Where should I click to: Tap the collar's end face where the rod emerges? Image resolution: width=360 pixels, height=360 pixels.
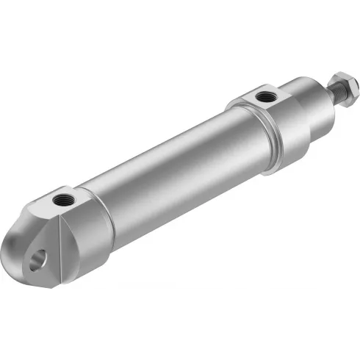tap(323, 98)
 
